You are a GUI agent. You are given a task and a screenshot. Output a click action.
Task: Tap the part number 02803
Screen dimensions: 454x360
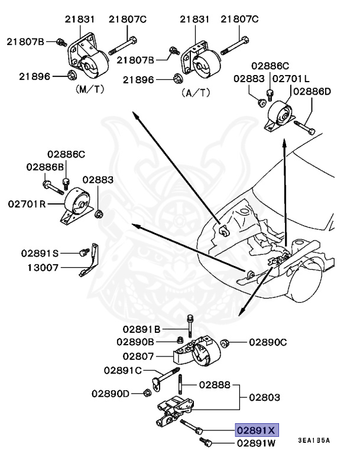[x=264, y=398]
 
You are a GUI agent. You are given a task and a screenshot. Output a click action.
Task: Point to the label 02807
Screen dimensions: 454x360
[x=138, y=356]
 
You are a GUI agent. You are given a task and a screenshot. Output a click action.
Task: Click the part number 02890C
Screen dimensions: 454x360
[x=268, y=342]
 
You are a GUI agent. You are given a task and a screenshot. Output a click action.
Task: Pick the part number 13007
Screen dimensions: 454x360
[x=42, y=267]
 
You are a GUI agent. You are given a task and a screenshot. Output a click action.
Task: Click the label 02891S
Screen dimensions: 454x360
[x=41, y=253]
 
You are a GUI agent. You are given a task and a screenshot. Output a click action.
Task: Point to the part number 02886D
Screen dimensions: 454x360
[x=312, y=92]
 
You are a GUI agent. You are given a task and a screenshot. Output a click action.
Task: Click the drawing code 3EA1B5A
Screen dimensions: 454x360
[x=313, y=440]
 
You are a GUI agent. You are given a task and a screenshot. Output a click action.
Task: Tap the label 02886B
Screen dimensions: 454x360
[x=45, y=167]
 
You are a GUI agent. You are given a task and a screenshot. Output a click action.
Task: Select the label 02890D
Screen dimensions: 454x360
[x=111, y=393]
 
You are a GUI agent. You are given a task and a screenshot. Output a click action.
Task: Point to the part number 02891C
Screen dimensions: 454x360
[x=123, y=371]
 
